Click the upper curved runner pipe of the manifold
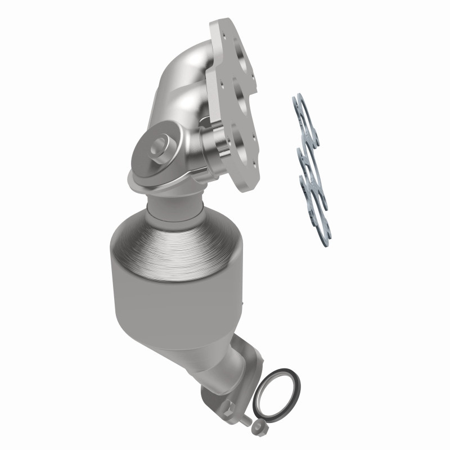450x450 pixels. [x=186, y=67]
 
